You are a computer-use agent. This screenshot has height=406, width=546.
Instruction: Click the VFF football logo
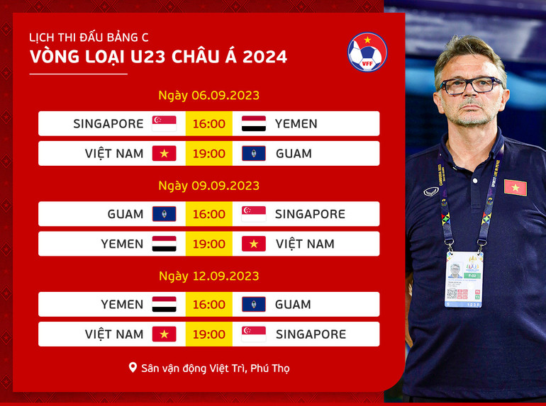[367, 52]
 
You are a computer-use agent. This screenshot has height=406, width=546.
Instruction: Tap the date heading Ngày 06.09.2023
[208, 95]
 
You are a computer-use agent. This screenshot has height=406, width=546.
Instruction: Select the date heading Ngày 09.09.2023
[208, 186]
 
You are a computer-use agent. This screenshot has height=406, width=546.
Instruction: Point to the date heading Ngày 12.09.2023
[208, 276]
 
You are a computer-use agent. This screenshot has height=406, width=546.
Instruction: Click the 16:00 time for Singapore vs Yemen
[208, 123]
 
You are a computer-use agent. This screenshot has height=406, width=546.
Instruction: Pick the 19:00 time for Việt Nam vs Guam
[208, 153]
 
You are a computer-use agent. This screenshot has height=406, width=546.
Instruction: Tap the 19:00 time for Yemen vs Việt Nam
[208, 244]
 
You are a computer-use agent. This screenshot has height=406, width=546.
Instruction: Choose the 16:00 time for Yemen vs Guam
[208, 304]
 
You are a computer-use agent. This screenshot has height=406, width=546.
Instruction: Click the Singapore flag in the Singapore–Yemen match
[164, 123]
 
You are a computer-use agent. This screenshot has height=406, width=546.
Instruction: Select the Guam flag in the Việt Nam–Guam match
[254, 153]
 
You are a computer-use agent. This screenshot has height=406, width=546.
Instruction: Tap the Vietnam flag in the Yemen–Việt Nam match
[254, 244]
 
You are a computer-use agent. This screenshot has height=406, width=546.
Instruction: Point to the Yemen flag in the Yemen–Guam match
[164, 304]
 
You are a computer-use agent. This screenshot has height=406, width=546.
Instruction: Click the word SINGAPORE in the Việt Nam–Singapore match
[311, 334]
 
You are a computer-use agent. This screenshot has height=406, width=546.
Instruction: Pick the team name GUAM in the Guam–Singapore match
[126, 214]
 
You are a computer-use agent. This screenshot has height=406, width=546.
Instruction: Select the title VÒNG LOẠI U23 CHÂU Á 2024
[159, 57]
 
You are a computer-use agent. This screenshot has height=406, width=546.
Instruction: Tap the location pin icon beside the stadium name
[133, 368]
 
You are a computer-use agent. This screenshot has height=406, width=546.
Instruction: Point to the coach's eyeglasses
[471, 86]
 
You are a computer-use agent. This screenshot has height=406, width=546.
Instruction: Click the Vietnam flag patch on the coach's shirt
[515, 187]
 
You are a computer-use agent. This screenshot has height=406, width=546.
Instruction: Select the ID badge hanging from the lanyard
[464, 279]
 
